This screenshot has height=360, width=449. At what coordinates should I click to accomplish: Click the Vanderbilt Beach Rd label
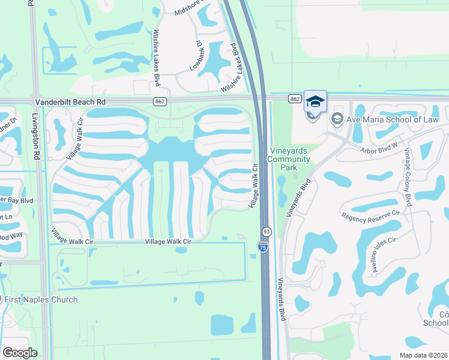pos(70,103)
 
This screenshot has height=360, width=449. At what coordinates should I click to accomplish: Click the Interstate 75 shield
pos(262,246)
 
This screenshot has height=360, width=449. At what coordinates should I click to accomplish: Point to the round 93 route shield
pos(266,231)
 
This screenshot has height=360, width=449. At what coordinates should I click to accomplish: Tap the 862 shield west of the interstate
pos(160,101)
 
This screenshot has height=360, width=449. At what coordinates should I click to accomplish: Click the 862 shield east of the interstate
pos(294,98)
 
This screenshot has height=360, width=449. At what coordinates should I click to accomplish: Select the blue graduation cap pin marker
pos(315,101)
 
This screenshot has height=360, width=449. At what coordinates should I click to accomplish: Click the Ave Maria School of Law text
pos(388,119)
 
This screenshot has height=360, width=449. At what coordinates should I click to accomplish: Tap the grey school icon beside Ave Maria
pos(336,119)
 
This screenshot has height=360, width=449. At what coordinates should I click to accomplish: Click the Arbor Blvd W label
pos(379,149)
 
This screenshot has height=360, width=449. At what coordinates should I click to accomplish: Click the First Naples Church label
pos(41,299)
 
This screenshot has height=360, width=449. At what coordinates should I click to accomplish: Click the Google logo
pos(20,353)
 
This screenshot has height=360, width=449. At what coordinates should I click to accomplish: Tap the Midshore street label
pos(188,8)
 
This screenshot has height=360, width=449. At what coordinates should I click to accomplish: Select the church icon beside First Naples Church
pos(1,299)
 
